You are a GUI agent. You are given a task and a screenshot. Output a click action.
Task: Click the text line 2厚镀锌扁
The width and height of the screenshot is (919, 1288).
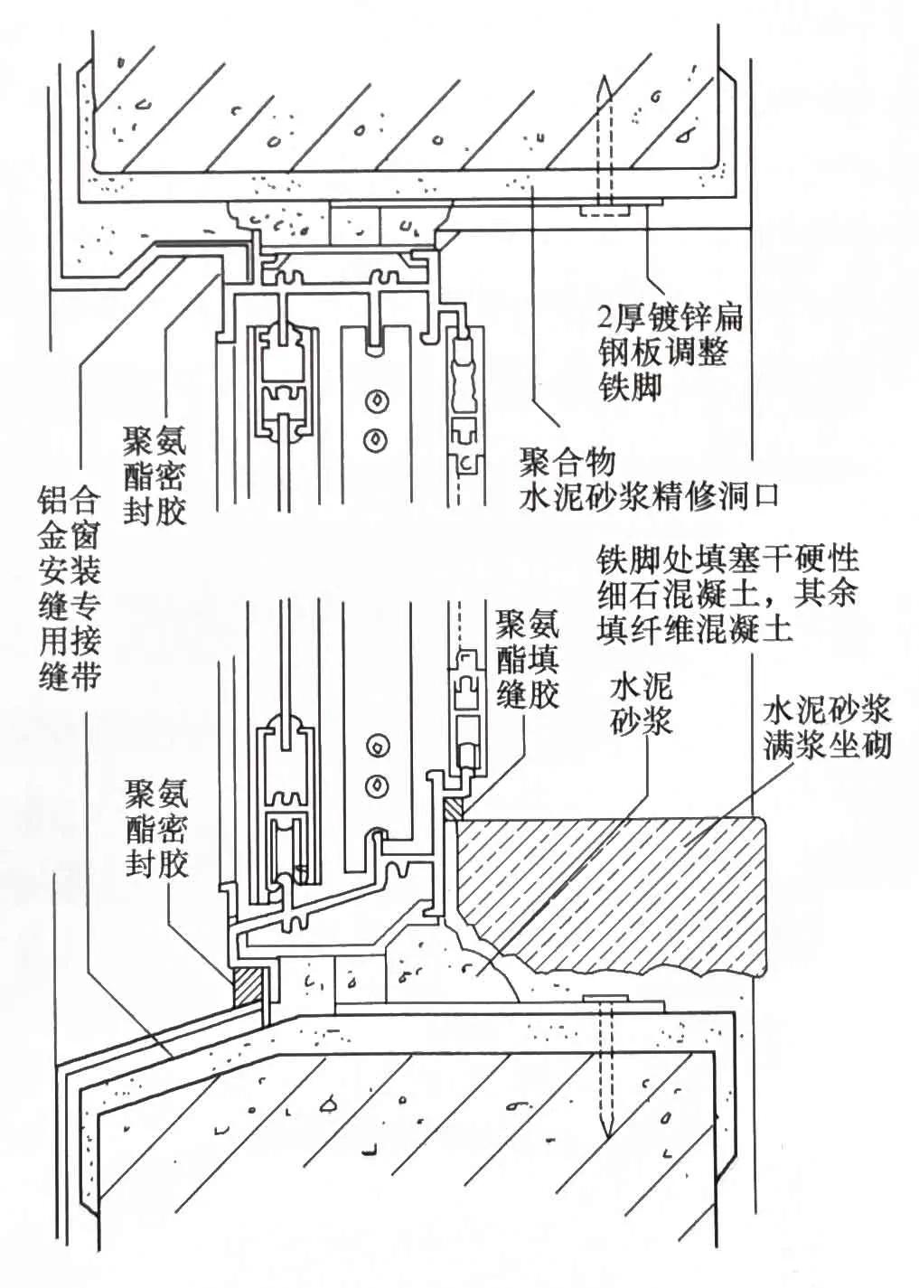pyautogui.click(x=670, y=317)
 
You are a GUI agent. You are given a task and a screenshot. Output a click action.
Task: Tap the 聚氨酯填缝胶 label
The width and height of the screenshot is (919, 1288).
pyautogui.click(x=529, y=657)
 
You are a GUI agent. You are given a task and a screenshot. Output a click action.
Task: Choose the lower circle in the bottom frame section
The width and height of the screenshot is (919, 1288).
pyautogui.click(x=375, y=783)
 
